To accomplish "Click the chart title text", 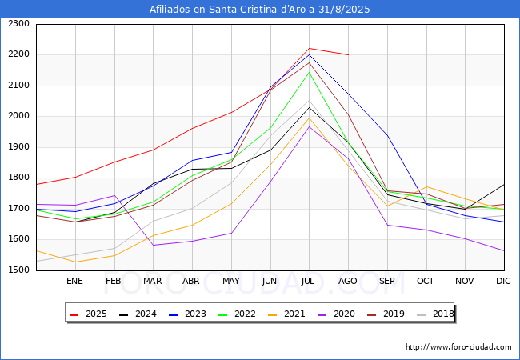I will pos(260,9).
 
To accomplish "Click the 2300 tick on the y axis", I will pos(19,24).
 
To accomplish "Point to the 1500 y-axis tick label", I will pos(19,270).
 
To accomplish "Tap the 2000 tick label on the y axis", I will pos(19,116).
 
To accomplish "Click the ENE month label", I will pos(74,281).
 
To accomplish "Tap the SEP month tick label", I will pos(387,281).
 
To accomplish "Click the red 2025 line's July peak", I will pos(310,48).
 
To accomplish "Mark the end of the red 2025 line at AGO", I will pos(348,55).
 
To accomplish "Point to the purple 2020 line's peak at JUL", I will pos(310,126).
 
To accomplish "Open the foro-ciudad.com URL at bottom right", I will pos(458,347).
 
